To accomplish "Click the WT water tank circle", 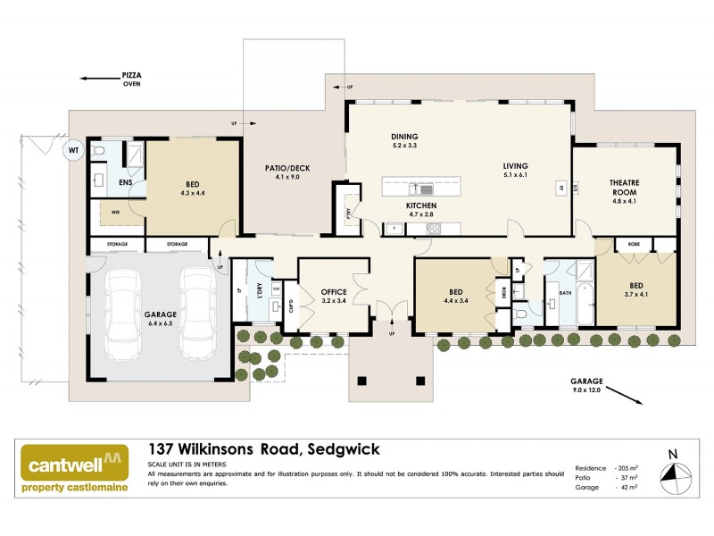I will coord(73,151).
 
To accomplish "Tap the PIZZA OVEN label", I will coord(132,81).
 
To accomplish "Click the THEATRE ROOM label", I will coord(624,187).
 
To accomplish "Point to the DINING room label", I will coord(404,136).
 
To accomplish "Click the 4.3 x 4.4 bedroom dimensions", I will coord(192,193).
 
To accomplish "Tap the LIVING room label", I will coord(515,166).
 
